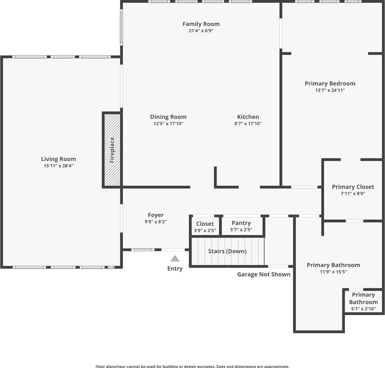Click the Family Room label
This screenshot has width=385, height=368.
click(x=201, y=24)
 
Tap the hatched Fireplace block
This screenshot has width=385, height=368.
click(x=112, y=150)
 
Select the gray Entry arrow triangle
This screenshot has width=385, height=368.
click(x=175, y=258)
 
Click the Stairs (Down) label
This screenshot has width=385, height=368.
click(x=227, y=251)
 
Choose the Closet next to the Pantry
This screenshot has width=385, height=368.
click(x=205, y=226)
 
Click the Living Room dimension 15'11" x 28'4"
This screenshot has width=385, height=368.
click(x=58, y=166)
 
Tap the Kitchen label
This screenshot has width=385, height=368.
click(x=248, y=117)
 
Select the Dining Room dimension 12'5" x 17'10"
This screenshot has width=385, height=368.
click(x=168, y=124)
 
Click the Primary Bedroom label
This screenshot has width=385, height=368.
click(x=330, y=83)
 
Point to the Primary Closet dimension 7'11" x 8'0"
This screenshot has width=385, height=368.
click(x=353, y=194)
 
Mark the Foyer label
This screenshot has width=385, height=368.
click(x=156, y=215)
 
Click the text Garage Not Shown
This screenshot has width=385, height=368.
click(x=264, y=274)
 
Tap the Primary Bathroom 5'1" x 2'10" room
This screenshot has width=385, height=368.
click(x=364, y=302)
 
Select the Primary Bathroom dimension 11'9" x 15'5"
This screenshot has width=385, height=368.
click(x=333, y=272)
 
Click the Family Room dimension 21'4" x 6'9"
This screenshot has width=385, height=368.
click(x=201, y=31)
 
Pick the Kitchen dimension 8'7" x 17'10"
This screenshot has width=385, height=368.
click(x=248, y=124)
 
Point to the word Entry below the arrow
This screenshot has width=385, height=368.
click(x=175, y=269)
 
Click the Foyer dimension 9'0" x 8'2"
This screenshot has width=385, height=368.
click(x=156, y=222)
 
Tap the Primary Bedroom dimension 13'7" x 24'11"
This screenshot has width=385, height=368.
click(x=330, y=90)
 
